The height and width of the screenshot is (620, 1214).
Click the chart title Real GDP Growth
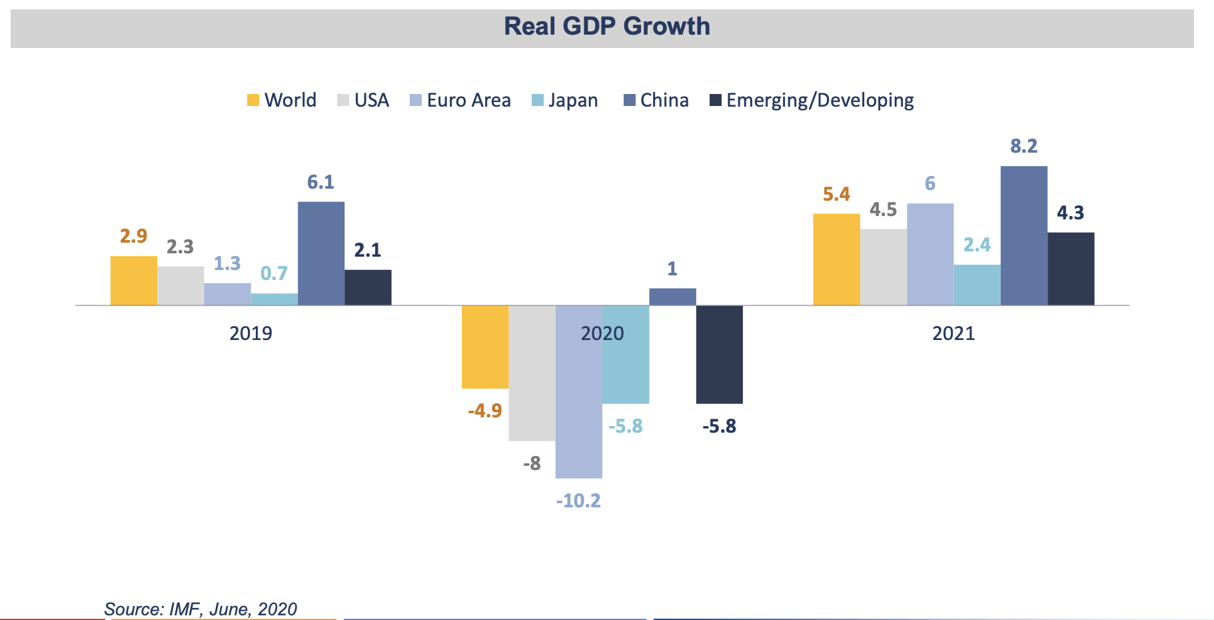[x=606, y=27]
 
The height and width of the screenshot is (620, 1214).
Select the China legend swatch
[x=630, y=101]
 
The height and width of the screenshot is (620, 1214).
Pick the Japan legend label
[x=573, y=101]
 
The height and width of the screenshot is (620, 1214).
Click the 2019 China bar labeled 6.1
[x=321, y=253]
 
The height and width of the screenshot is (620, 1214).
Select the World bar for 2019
[x=134, y=281]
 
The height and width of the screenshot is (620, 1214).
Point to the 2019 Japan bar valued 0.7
[x=275, y=299]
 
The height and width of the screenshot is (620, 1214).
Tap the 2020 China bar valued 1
[x=672, y=297]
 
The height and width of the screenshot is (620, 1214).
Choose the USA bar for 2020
[x=532, y=373]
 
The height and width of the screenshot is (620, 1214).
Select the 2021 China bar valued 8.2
[x=1023, y=235]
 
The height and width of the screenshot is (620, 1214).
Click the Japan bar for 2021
[x=977, y=285]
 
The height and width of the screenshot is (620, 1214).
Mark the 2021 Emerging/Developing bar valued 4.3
[x=1071, y=269]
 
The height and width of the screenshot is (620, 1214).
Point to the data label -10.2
[x=578, y=501]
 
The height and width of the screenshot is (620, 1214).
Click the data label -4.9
[x=485, y=411]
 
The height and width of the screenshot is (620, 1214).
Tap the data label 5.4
[x=836, y=195]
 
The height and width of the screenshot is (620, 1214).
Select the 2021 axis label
[x=953, y=333]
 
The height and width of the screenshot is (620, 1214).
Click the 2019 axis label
[x=251, y=333]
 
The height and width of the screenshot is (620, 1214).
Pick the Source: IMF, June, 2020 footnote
[x=201, y=609]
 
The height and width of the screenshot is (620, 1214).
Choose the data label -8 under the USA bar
[x=532, y=463]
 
